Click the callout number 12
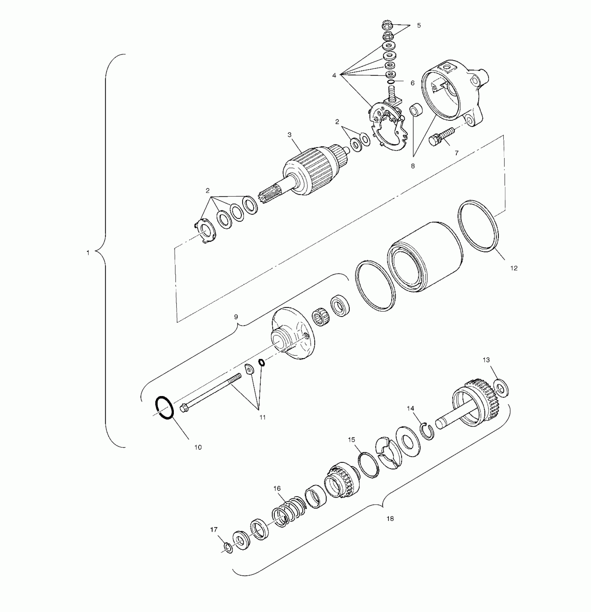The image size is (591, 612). pos(514,268)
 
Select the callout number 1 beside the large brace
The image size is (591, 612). pos(88,253)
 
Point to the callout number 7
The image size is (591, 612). pos(456,153)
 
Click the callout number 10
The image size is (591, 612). pos(198,448)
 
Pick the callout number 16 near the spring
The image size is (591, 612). pos(277,489)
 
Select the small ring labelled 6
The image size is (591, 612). pos(391,82)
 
